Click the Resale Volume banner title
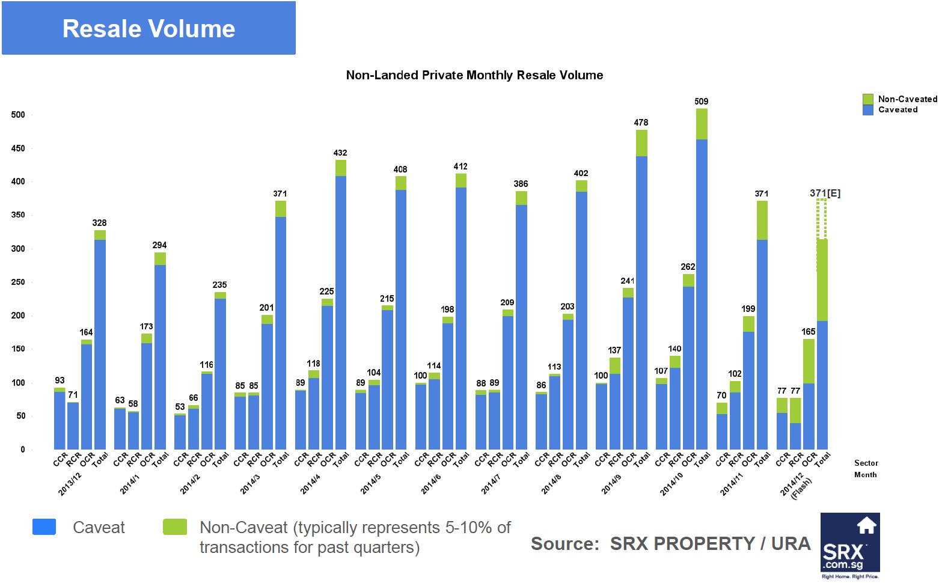coord(148,29)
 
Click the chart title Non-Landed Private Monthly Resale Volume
coord(474,75)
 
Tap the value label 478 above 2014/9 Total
coord(641,123)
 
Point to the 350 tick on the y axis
coord(18,215)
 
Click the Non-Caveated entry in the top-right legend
coord(907,99)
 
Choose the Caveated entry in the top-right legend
coord(897,109)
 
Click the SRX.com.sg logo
coord(849,545)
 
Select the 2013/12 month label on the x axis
coord(70,484)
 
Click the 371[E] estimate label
coord(825,193)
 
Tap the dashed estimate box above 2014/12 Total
coord(822,219)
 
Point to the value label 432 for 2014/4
coord(340,153)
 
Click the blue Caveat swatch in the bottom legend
coord(44,527)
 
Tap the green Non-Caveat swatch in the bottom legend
coord(175,527)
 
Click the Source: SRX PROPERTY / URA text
coord(670,544)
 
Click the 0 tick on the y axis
coord(23,450)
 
